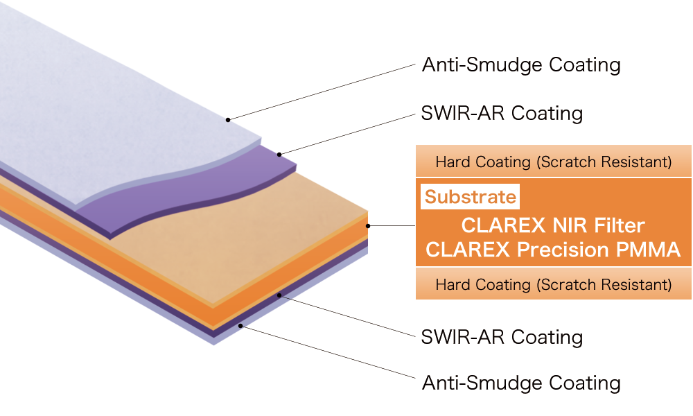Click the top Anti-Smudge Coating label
coord(521,65)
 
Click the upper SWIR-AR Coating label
coord(502,113)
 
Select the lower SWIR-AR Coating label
coord(502,338)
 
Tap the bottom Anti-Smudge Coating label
coord(521,383)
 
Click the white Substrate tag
coord(471,197)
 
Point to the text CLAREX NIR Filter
coord(553,225)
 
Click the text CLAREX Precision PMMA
coord(553,250)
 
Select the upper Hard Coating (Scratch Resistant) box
coord(553,162)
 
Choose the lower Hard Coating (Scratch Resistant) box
coord(553,284)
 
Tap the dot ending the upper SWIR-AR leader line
coord(279,154)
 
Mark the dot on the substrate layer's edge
coord(369,225)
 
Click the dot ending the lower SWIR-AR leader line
coord(279,295)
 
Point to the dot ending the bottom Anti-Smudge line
coord(240,324)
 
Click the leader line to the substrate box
coord(392,225)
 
